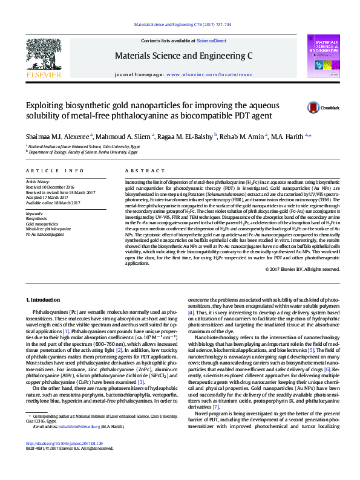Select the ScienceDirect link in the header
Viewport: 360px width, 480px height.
point(211,41)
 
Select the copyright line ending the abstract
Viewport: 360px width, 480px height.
point(299,269)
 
